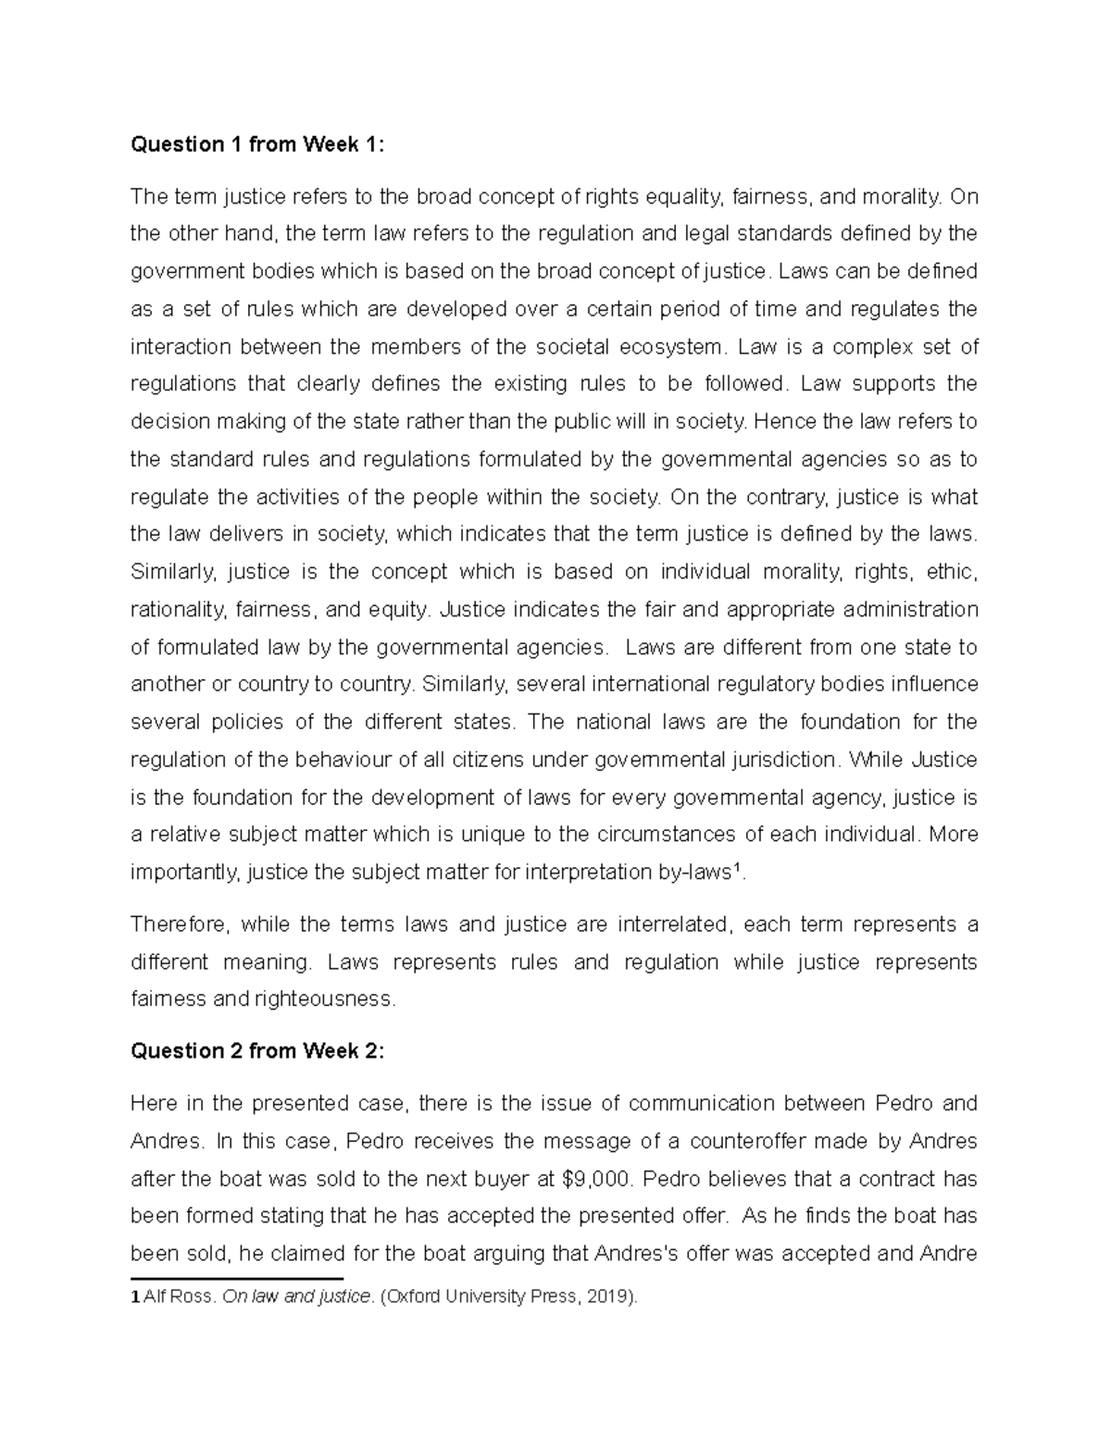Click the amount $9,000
tap(601, 1179)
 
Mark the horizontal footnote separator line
tap(237, 1279)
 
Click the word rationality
tap(178, 610)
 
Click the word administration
tap(907, 610)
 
